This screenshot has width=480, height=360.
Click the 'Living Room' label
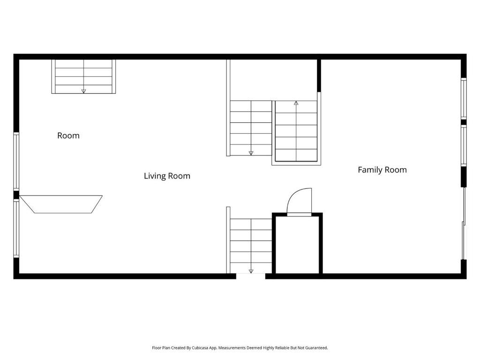[x=167, y=176]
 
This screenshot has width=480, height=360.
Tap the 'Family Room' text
[x=382, y=170]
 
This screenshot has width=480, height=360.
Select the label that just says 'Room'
[x=68, y=135]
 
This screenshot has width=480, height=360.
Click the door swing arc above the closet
[x=299, y=201]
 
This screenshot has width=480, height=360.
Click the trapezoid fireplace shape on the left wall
[x=61, y=204]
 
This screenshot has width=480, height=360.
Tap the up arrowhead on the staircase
[x=296, y=103]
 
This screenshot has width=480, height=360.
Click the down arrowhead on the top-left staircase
[x=83, y=91]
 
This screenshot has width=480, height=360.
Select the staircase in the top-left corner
[x=83, y=76]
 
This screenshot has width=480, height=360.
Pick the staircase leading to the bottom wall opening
[x=251, y=246]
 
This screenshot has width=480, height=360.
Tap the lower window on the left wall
[x=16, y=229]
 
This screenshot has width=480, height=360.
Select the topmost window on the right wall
[x=464, y=98]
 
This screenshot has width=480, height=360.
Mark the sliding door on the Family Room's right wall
[x=464, y=223]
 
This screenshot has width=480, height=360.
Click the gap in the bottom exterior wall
[x=250, y=277]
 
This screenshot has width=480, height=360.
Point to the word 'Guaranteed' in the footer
[x=316, y=348]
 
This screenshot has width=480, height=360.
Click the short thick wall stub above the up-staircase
[x=319, y=75]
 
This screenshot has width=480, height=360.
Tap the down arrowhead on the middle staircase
[x=251, y=153]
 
